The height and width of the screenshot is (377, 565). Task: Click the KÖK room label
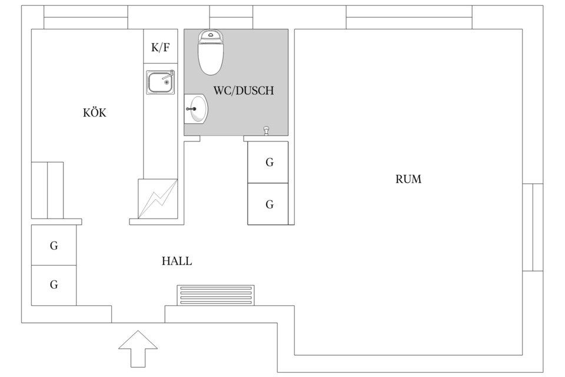point(95,113)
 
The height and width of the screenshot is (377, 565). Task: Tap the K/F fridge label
point(160,48)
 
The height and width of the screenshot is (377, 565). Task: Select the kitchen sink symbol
point(161,82)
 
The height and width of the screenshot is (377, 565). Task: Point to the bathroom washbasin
point(196,109)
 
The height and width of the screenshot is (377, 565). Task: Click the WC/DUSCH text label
point(243,91)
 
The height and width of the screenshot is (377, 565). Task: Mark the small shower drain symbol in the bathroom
point(266,130)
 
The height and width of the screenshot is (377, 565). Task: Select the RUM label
point(408,180)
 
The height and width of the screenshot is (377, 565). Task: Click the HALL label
point(177,261)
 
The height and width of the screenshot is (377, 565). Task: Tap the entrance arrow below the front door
point(138,349)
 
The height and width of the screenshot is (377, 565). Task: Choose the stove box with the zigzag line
point(157,199)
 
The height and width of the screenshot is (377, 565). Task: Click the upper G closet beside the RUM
point(268,162)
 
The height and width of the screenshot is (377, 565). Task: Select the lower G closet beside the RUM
point(268,204)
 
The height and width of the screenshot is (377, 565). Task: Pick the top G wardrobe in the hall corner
point(54,245)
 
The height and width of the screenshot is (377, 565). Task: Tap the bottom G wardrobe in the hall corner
point(54,285)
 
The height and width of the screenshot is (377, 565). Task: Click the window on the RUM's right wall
point(533,227)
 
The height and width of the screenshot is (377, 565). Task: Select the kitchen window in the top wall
point(86,17)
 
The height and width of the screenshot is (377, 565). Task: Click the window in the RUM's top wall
point(408,17)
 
